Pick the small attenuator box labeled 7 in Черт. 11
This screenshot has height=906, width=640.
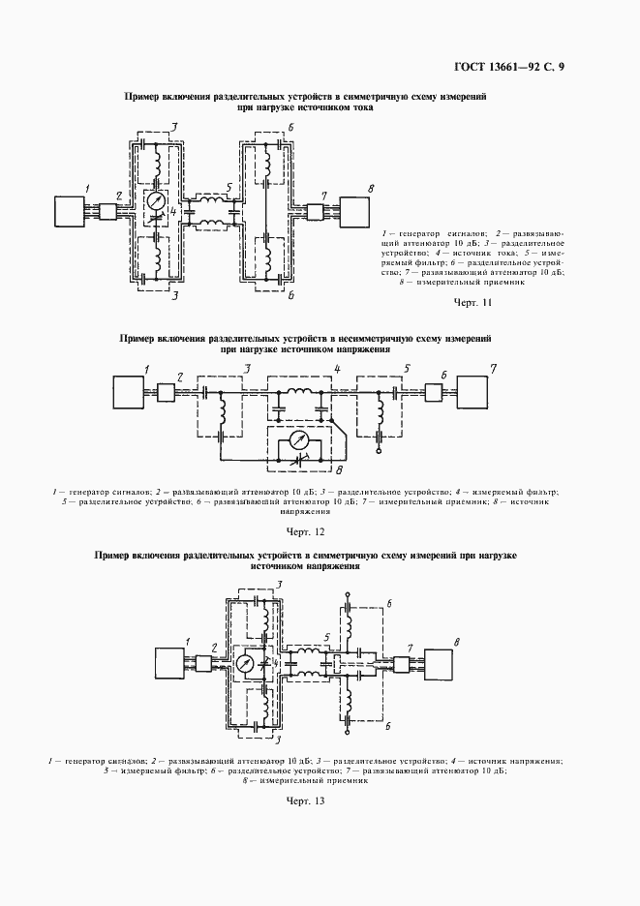(x=315, y=211)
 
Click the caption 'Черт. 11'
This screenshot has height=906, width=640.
(x=473, y=303)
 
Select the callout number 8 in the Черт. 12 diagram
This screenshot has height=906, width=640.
(x=340, y=470)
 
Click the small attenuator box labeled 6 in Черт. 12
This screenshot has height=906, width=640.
(x=433, y=393)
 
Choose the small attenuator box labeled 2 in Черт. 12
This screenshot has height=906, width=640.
(x=166, y=392)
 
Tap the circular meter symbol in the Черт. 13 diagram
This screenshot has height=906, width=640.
(x=247, y=665)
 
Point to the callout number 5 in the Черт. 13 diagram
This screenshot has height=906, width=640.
(x=327, y=637)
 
